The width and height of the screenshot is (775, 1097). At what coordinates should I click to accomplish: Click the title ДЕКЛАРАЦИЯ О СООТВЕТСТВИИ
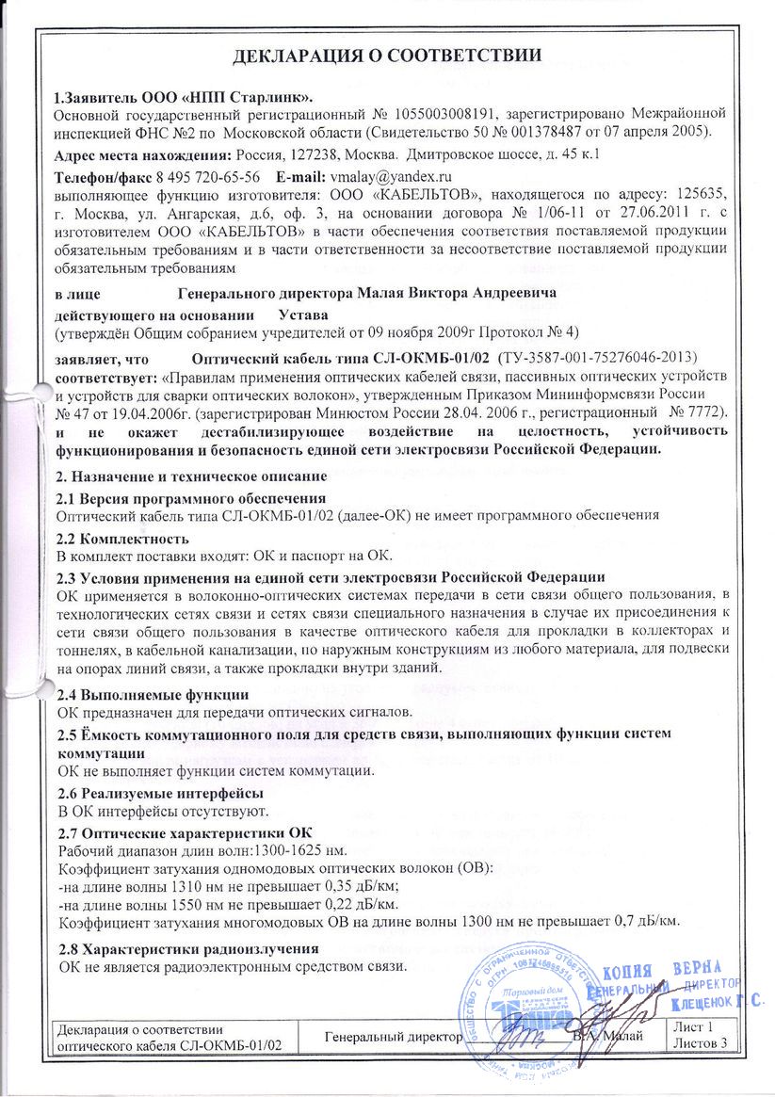[x=387, y=55]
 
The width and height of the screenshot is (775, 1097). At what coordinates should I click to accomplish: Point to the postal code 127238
[x=313, y=153]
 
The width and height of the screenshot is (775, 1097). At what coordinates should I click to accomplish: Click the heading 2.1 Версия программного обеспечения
[x=191, y=498]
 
